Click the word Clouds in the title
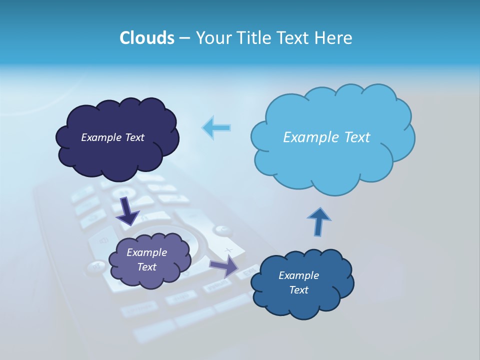point(146,38)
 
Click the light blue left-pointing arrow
point(216,127)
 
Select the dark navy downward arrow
point(128,210)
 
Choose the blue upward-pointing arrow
point(318,220)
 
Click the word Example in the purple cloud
point(146,252)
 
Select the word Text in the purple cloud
point(146,267)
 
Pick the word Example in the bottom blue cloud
point(298,275)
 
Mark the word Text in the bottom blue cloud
point(298,290)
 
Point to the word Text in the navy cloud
point(134,137)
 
